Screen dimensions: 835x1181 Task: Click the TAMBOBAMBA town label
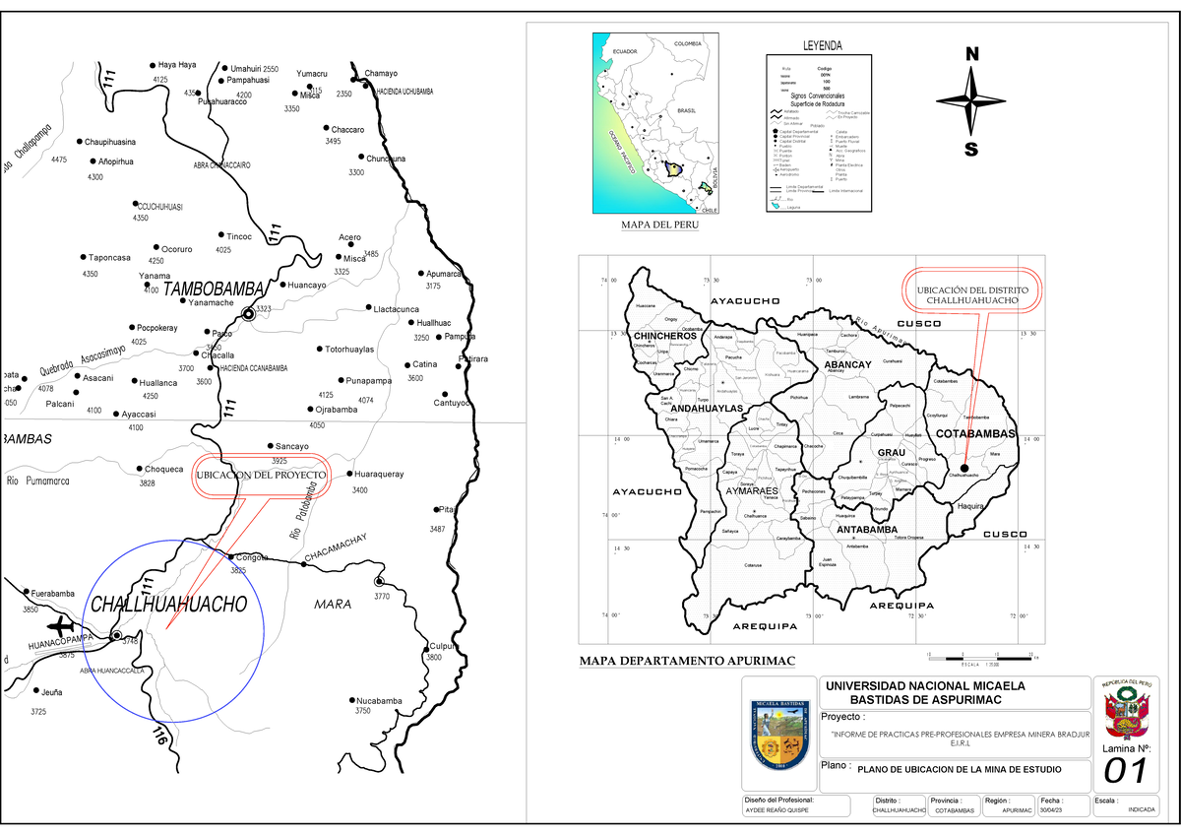click(x=214, y=289)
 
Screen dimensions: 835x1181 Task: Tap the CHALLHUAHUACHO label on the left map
click(x=167, y=606)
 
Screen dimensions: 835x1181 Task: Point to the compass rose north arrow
click(x=971, y=99)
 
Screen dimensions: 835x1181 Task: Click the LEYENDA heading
click(x=822, y=46)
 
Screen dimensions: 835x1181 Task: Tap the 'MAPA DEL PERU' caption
click(x=658, y=225)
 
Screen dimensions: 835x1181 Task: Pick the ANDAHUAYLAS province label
click(x=707, y=408)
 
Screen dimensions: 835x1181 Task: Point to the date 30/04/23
click(x=1052, y=810)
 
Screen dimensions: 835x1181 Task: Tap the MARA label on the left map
click(x=333, y=604)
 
